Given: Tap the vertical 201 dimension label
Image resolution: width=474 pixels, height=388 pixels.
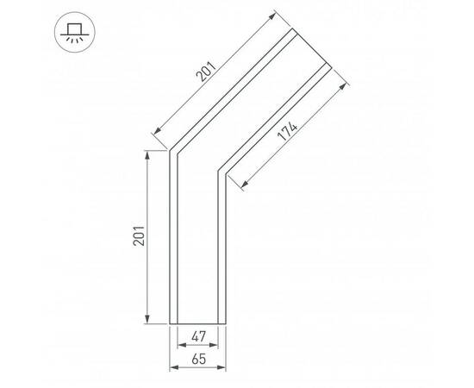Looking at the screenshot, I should pos(138,237).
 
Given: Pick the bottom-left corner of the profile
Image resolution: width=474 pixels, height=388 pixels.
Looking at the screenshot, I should pos(170,324).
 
